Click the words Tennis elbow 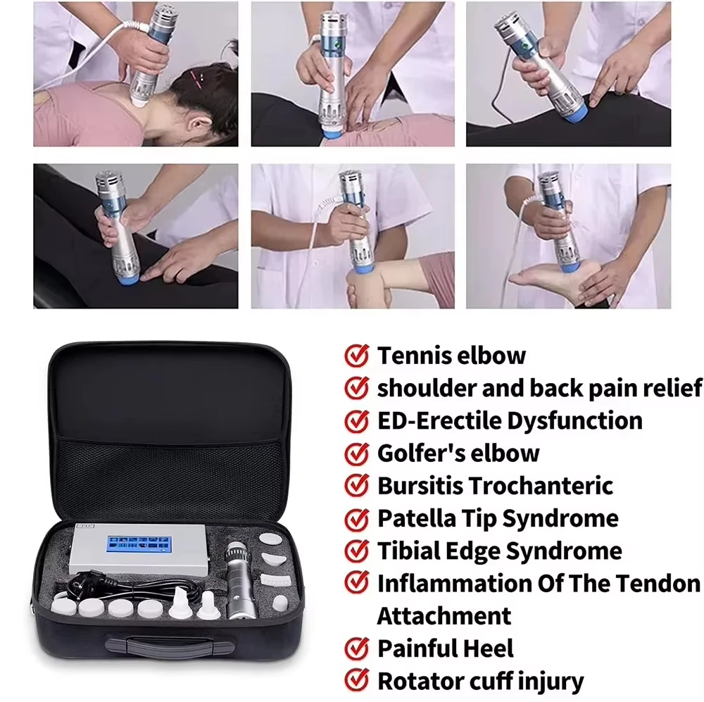click(x=451, y=356)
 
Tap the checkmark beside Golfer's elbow click(x=357, y=453)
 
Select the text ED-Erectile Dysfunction click(x=510, y=420)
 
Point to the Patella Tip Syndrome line click(x=498, y=519)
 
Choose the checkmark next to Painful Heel click(x=357, y=648)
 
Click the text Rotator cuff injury click(x=480, y=681)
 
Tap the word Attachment click(x=444, y=615)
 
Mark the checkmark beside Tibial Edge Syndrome click(x=357, y=551)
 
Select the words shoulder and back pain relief click(x=539, y=388)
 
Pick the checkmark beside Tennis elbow click(x=357, y=356)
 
